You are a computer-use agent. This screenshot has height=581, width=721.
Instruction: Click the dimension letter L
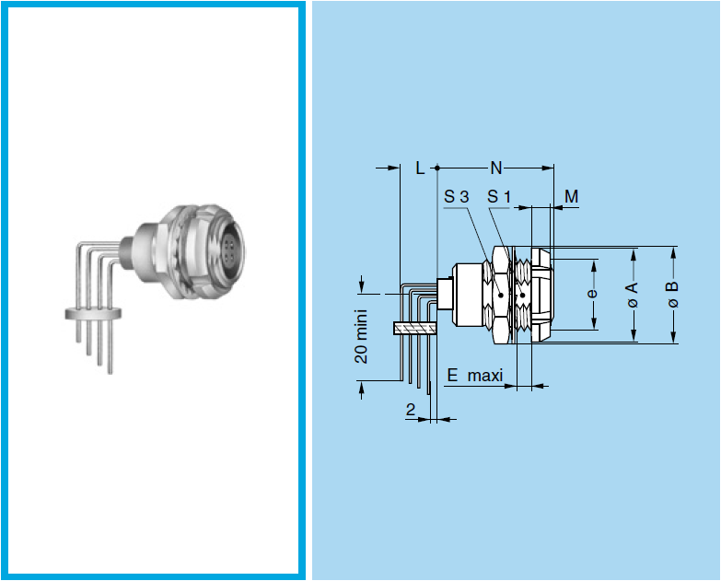tap(420, 168)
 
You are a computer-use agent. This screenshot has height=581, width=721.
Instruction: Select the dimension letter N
tap(496, 168)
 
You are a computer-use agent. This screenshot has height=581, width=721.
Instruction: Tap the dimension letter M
tap(571, 196)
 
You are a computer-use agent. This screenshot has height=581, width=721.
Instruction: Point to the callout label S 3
tap(456, 196)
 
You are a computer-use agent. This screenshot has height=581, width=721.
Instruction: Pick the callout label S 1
tap(499, 196)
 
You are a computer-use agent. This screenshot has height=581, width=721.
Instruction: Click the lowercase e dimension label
tap(592, 294)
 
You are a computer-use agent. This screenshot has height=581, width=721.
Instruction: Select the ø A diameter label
tap(632, 295)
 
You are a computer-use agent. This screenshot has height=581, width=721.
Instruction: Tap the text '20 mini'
tap(362, 335)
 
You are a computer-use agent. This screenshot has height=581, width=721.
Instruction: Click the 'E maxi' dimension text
tap(476, 375)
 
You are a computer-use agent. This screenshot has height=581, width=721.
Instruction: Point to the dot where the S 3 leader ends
tap(497, 296)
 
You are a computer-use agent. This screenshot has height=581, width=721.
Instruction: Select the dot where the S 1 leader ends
tap(521, 296)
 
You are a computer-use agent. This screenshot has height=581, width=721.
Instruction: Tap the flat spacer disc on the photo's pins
tap(96, 313)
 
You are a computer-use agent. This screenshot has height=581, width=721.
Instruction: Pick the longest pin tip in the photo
tap(111, 369)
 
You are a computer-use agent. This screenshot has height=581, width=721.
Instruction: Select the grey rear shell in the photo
tap(147, 244)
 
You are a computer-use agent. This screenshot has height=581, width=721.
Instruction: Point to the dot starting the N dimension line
tap(436, 168)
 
